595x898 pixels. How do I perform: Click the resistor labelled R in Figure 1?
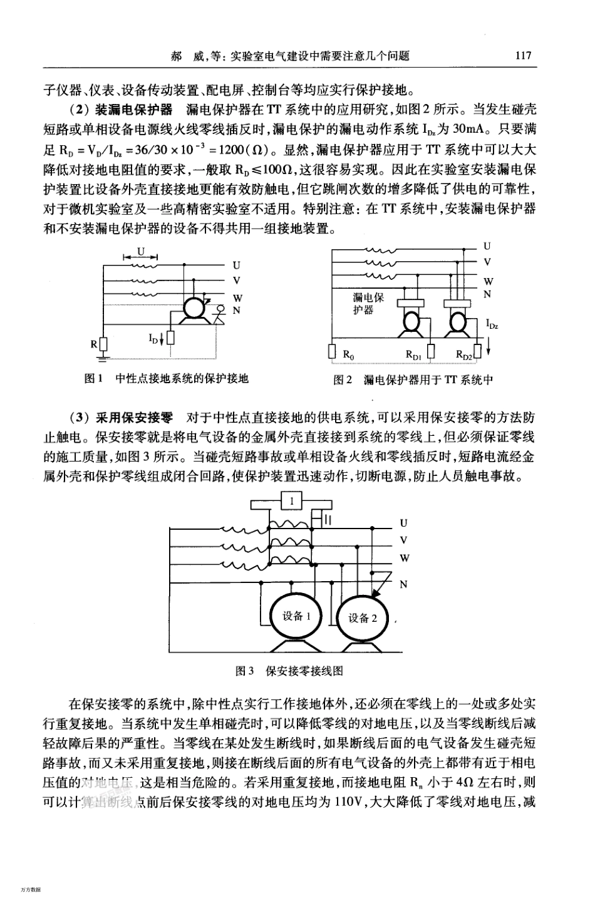[x=104, y=344]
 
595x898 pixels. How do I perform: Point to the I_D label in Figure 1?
[x=153, y=338]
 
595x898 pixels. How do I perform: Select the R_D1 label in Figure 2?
[x=413, y=355]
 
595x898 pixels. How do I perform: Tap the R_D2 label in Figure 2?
[x=463, y=355]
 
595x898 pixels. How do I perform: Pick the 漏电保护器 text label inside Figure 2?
[x=368, y=304]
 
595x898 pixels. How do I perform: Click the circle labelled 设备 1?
[x=294, y=616]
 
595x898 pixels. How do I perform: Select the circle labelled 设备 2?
[x=363, y=618]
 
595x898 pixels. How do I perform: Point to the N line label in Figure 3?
[x=403, y=584]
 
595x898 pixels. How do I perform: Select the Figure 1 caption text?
[x=167, y=379]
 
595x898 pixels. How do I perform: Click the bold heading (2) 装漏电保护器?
[x=121, y=110]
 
